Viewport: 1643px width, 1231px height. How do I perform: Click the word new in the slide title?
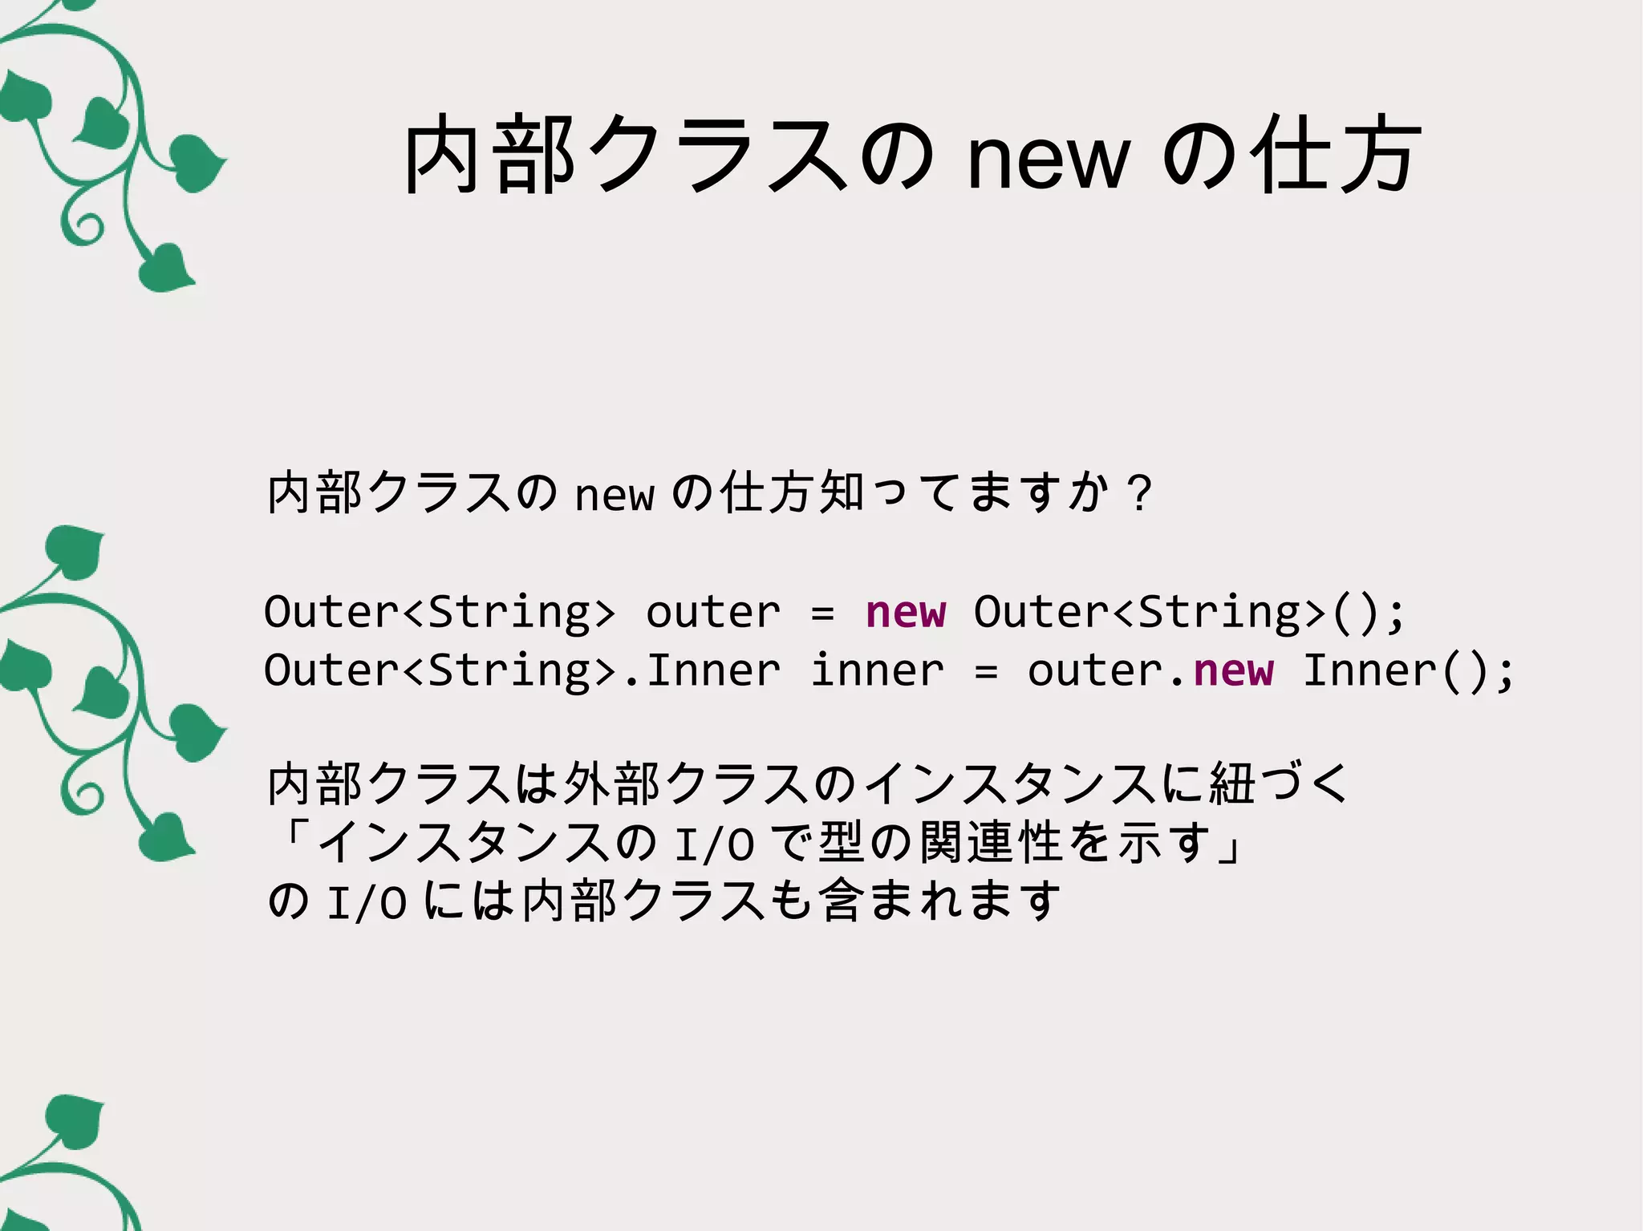pos(1049,160)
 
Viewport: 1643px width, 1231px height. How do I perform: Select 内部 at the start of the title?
pos(490,154)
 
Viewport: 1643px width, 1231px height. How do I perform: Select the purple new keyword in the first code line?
pos(906,613)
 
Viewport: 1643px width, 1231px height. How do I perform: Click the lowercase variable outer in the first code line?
pos(712,613)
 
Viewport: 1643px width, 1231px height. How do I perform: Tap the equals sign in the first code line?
pos(822,614)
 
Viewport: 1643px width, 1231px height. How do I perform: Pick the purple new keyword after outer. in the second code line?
pos(1233,671)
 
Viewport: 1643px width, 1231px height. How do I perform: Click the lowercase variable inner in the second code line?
pos(877,671)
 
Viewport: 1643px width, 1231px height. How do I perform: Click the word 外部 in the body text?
pos(614,784)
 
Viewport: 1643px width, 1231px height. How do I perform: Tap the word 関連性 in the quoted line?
pos(991,843)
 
